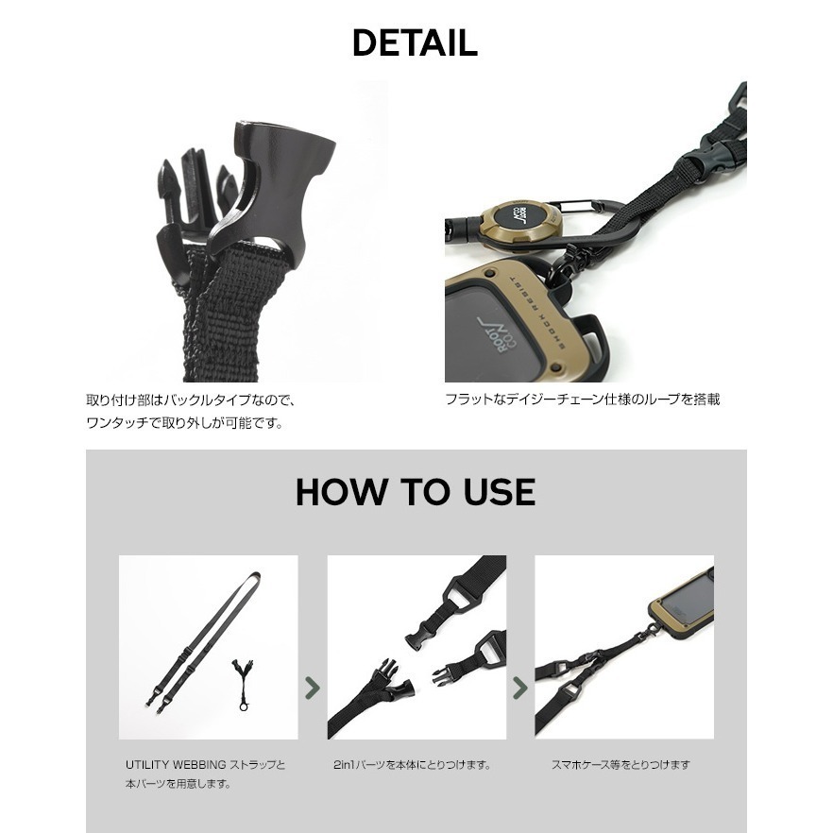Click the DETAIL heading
tap(415, 42)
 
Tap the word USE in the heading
tap(500, 491)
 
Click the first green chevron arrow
tap(313, 688)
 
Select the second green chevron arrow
tap(520, 688)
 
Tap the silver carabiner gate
tap(575, 205)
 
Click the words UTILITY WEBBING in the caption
tap(176, 765)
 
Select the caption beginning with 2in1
tap(412, 765)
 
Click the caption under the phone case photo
tap(620, 765)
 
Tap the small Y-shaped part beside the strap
tap(242, 683)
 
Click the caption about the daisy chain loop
tap(582, 399)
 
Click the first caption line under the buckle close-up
tap(190, 399)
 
